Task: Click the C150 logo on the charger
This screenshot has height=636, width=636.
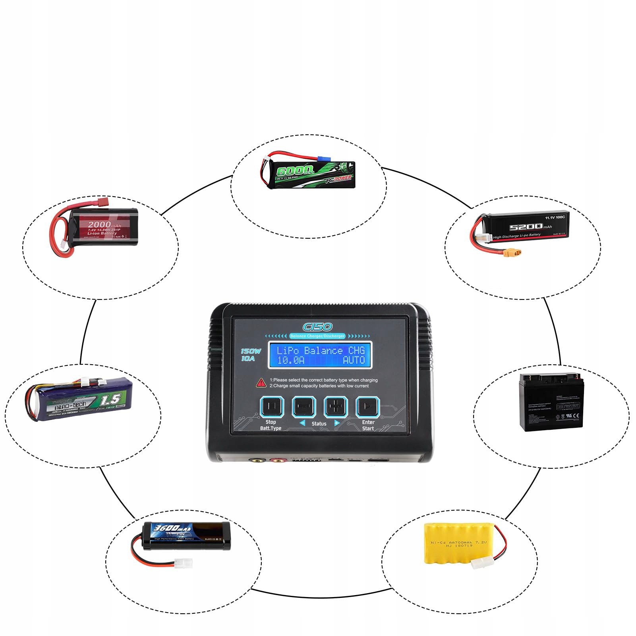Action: tap(317, 327)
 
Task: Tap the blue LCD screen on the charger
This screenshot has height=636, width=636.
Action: tap(320, 355)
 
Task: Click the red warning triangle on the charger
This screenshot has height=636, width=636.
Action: tap(261, 383)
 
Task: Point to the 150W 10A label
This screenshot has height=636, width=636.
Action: tap(250, 355)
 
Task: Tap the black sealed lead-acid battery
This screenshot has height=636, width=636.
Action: tap(551, 402)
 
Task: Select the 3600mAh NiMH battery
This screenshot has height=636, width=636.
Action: tap(187, 535)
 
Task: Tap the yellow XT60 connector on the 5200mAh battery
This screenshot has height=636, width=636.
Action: tap(512, 253)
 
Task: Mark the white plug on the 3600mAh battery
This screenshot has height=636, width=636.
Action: tap(184, 563)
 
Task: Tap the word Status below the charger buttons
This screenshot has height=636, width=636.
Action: tap(319, 424)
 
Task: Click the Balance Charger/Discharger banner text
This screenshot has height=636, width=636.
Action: tap(317, 336)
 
